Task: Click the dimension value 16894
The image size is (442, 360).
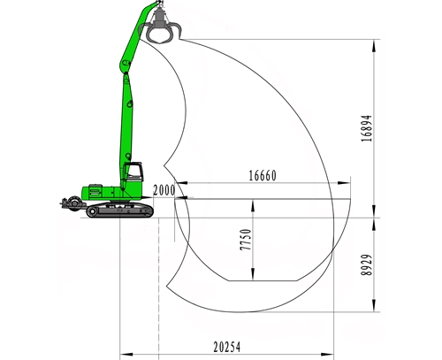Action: coord(367,128)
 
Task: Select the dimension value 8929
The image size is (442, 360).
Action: coord(367,264)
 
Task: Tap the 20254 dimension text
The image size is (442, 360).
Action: coord(227,347)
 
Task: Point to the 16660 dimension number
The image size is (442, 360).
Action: coord(263,176)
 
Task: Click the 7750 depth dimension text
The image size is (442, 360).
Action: coord(246,240)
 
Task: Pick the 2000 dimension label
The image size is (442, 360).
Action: coord(164,190)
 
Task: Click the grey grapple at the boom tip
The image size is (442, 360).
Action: coord(160,25)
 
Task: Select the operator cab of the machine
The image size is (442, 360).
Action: coord(133,172)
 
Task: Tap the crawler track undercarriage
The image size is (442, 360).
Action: coord(120,210)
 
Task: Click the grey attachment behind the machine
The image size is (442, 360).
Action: coord(72,204)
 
